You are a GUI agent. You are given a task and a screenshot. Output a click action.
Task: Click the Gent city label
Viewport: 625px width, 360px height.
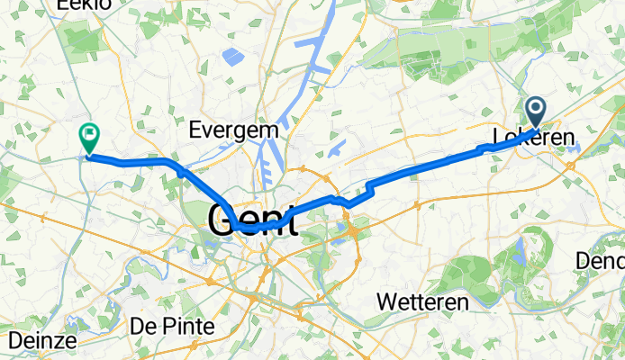(253, 220)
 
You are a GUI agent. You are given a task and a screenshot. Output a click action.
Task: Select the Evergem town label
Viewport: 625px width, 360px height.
(233, 130)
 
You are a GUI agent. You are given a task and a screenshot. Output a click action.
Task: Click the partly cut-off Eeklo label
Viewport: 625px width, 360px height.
(83, 4)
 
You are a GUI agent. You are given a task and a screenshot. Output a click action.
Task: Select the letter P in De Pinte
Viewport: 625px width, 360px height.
(162, 326)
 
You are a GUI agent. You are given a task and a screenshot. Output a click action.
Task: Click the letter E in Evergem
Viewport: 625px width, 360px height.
(195, 130)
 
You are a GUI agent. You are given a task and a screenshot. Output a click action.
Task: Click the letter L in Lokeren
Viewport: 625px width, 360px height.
(498, 140)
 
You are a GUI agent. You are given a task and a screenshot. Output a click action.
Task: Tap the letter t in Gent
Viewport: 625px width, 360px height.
(290, 220)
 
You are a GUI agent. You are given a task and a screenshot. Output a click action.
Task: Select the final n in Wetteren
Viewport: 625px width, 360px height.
(461, 301)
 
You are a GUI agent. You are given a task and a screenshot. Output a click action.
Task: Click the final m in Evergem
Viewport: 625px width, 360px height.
(270, 130)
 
